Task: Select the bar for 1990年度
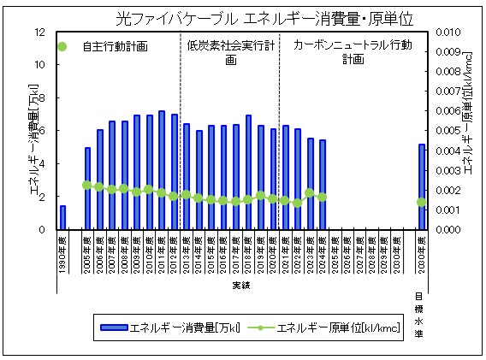[x=62, y=217]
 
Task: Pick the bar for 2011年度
[x=162, y=170]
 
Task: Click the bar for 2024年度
[x=323, y=185]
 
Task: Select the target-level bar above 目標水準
[x=421, y=186]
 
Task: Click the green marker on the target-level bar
[x=421, y=203]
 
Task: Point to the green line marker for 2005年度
[x=87, y=185]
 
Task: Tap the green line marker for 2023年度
[x=310, y=193]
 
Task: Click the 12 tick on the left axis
[x=39, y=32]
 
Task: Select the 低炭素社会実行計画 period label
[x=230, y=52]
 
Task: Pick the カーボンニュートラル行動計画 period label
[x=353, y=51]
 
